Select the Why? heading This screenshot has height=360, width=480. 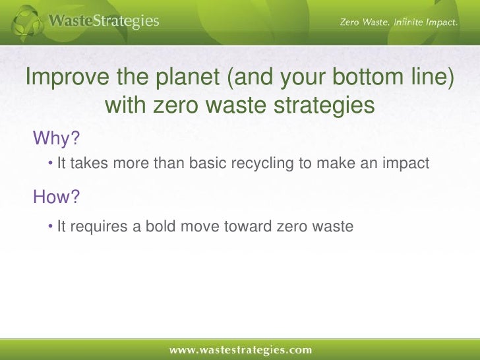pos(56,138)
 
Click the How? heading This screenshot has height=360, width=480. pos(56,196)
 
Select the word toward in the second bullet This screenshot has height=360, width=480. pos(248,227)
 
